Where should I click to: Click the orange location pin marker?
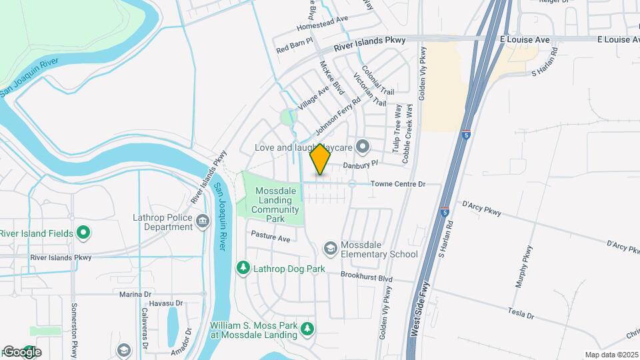pos(321,159)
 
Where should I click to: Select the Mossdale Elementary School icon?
pos(330,249)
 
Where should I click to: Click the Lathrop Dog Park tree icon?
pos(243,268)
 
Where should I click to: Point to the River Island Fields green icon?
pos(83,233)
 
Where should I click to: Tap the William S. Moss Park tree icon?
pos(307,329)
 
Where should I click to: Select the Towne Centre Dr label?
pos(398,183)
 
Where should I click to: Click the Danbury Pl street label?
pos(361,163)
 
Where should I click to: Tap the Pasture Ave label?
pos(271,237)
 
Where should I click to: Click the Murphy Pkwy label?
pos(525,267)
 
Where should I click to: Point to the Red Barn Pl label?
pos(294,47)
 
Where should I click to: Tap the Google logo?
pos(21,351)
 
